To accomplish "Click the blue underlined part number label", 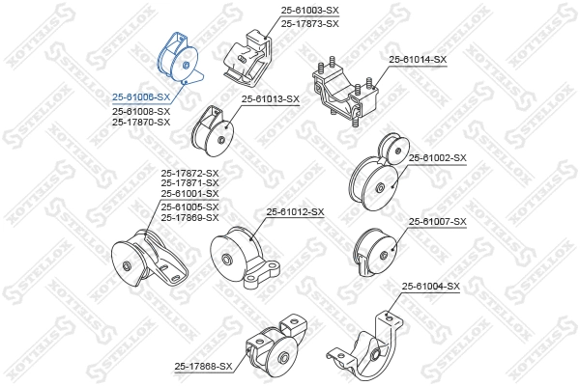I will (140, 97).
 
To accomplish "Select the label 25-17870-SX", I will (140, 123).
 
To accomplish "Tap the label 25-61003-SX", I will (310, 11).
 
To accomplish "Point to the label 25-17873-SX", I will (310, 22).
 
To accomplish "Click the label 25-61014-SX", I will (418, 60).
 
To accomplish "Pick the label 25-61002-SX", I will (437, 157).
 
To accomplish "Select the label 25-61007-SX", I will (437, 222).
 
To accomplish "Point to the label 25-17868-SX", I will (204, 366).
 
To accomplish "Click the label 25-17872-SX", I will (189, 174).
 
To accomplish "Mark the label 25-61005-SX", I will (189, 206).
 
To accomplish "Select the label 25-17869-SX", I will (189, 217).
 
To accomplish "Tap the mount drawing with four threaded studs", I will (340, 92).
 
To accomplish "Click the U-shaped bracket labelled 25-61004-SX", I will (367, 343).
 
